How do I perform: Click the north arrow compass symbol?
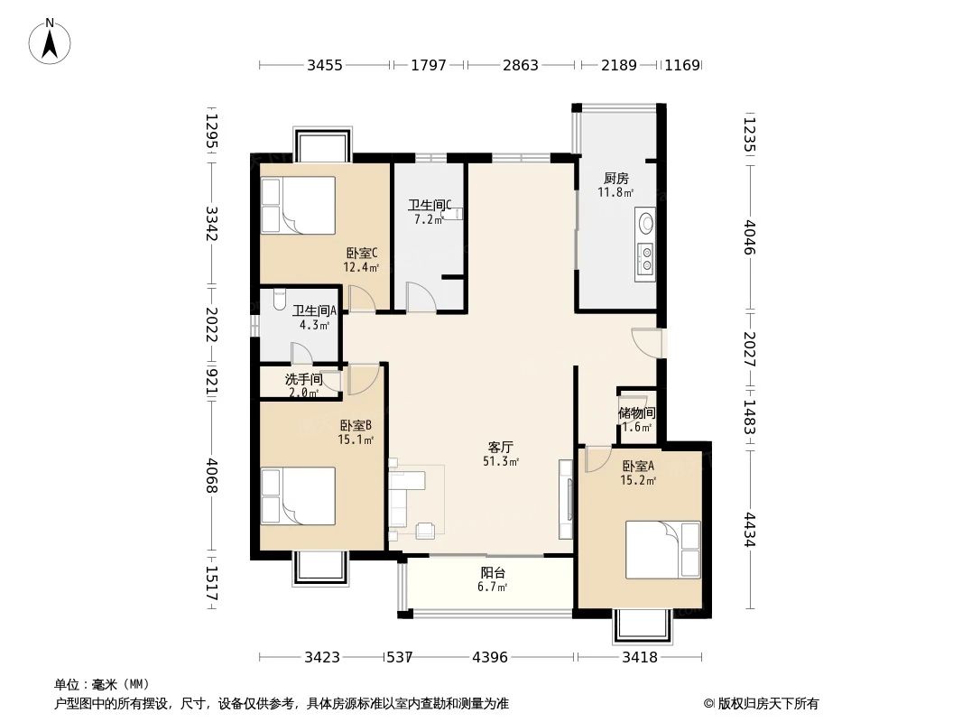[x=50, y=42]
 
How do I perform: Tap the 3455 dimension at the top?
[x=325, y=64]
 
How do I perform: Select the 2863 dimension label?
[x=521, y=64]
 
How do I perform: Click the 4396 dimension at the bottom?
[x=490, y=658]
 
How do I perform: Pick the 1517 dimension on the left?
[x=211, y=583]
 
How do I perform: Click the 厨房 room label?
[x=616, y=179]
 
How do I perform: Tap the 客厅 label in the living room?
[x=501, y=448]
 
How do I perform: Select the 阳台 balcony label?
[x=493, y=573]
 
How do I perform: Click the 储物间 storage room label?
[x=637, y=412]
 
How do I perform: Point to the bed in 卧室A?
[x=662, y=550]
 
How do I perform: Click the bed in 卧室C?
[x=298, y=206]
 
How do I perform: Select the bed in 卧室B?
[x=298, y=496]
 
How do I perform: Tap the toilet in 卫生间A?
[x=279, y=299]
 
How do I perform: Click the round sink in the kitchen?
[x=646, y=223]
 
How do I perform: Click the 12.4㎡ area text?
[x=361, y=267]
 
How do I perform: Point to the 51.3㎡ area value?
[x=501, y=462]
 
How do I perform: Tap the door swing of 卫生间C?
[x=421, y=296]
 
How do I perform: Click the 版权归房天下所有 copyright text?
[x=767, y=704]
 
